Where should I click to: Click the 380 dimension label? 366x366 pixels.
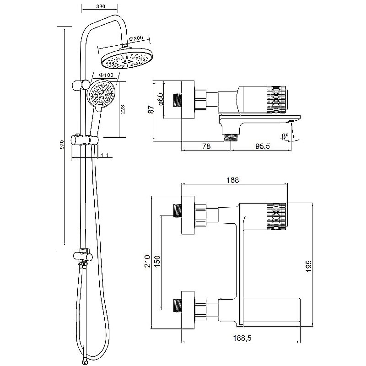coord(101,6)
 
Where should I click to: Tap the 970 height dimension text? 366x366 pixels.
coord(62,145)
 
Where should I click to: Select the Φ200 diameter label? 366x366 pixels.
coord(136,38)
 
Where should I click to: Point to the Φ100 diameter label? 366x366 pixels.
coord(106,75)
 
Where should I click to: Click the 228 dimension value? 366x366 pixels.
coord(123,109)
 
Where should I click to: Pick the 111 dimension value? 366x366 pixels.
coord(105,155)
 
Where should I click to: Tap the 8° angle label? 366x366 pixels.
coord(285,136)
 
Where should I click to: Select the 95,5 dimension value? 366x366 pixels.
coord(262,146)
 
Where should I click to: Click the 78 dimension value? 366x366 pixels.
coord(206,146)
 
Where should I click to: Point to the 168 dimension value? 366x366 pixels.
coord(233,180)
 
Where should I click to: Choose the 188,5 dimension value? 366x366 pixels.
coord(242,338)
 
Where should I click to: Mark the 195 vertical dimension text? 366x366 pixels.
coord(308,266)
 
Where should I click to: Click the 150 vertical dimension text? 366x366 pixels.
coord(157,262)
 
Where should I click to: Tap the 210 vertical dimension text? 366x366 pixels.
coord(147,261)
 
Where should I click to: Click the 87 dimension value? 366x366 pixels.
coord(151,109)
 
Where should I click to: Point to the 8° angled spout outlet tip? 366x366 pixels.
coord(291,121)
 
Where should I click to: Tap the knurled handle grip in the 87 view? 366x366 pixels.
coord(276,100)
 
